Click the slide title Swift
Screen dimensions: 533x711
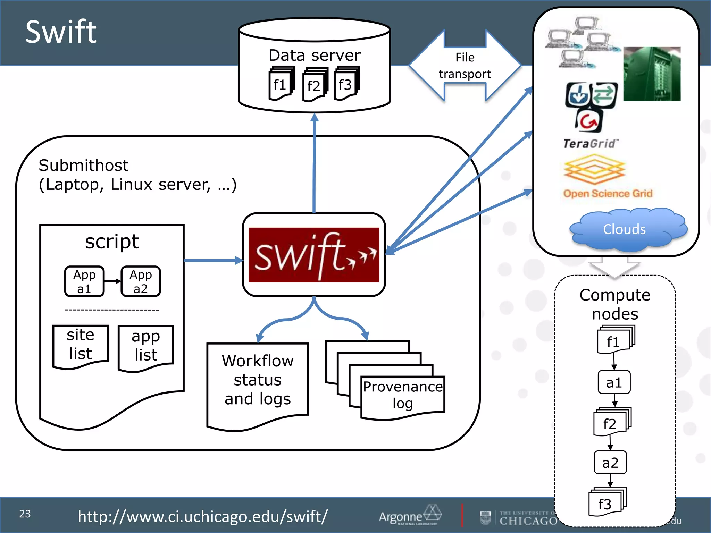61,32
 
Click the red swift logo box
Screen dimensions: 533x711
314,255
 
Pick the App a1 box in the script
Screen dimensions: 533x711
84,281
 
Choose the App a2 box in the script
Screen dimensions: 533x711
141,281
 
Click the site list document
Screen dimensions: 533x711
81,345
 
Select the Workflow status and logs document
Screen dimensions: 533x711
258,380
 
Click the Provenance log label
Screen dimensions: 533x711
403,395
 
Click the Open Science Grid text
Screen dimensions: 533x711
608,193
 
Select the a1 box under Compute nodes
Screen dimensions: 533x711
614,382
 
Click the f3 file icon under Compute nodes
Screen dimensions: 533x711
605,504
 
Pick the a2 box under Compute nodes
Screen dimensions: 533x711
610,463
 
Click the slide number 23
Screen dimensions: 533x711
25,514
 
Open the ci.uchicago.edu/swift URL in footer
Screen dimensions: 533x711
202,516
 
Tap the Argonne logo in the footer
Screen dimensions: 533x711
410,515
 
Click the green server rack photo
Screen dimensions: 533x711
652,74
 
